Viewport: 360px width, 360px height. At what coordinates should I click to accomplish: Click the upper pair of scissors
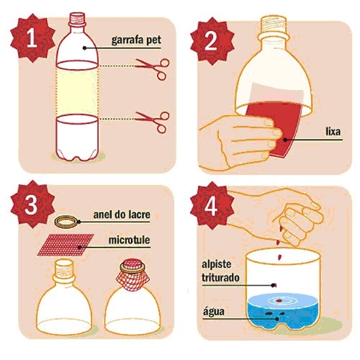[x=153, y=66]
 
